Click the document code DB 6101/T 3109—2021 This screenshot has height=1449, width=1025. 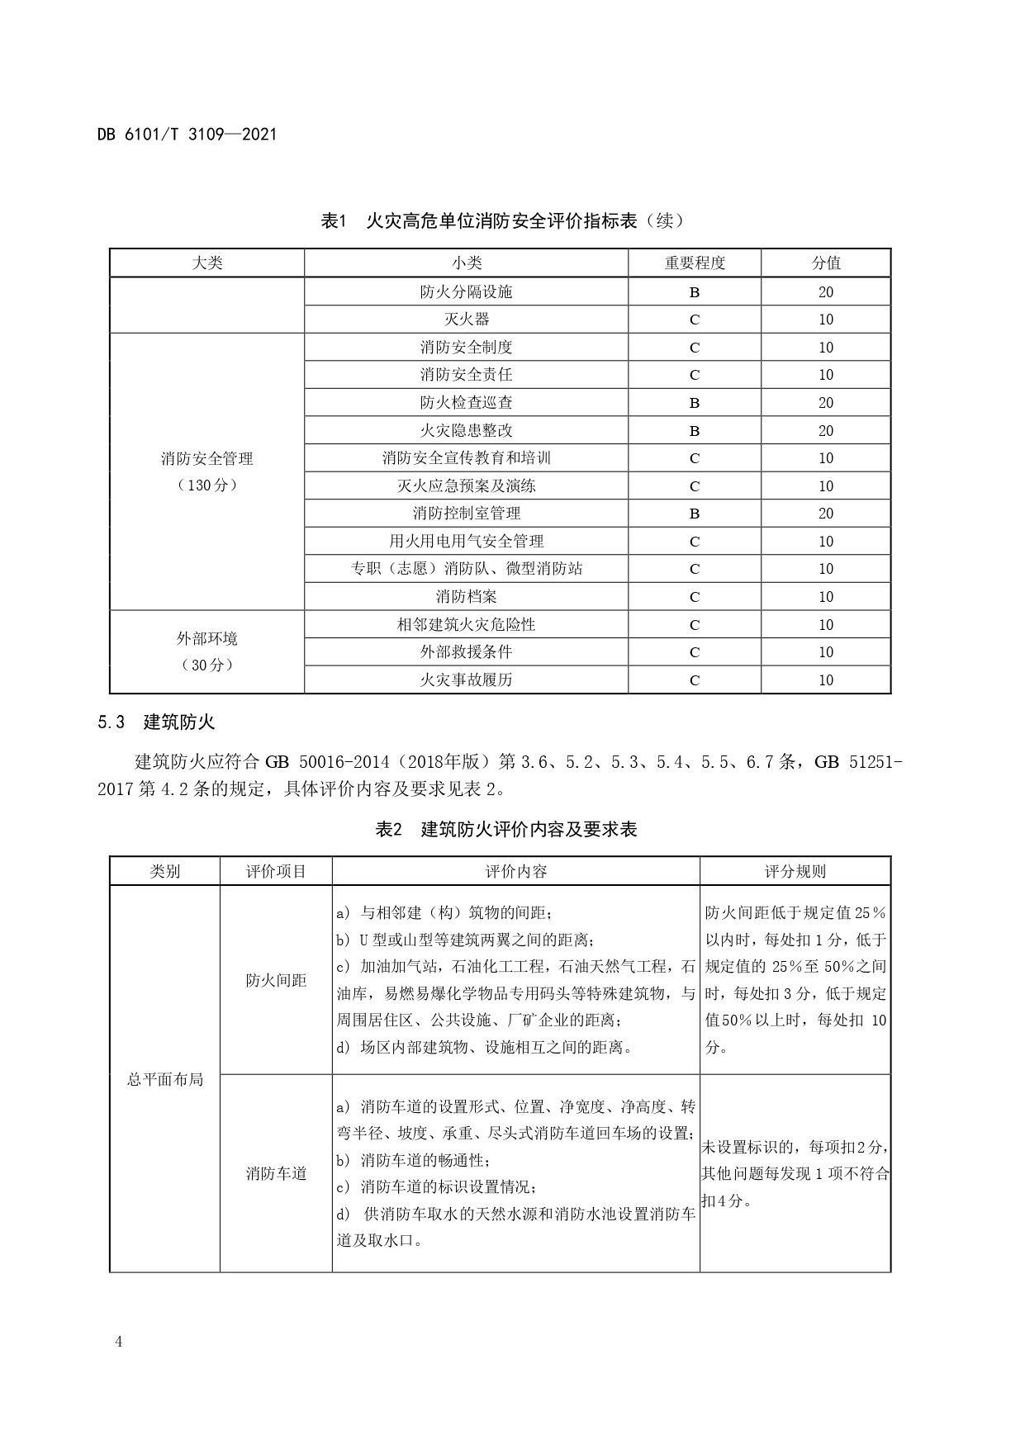click(187, 134)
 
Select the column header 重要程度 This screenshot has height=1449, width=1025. click(694, 263)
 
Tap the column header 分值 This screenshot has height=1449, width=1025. click(825, 263)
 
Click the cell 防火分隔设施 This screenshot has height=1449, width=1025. click(466, 291)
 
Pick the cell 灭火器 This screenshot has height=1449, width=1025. click(466, 320)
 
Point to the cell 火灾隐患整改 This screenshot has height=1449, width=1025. click(466, 430)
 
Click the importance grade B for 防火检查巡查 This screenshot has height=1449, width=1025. click(694, 403)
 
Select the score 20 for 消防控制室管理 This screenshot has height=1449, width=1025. click(825, 514)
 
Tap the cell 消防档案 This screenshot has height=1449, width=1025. click(466, 597)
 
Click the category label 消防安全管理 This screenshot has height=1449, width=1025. click(206, 459)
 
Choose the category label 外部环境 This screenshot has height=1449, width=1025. click(206, 639)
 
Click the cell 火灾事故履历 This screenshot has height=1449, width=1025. click(466, 680)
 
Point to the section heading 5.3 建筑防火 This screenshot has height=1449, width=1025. click(156, 722)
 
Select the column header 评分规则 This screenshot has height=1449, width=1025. click(795, 872)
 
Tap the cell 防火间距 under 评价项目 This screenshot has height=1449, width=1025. click(276, 980)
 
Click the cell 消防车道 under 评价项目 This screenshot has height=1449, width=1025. click(276, 1173)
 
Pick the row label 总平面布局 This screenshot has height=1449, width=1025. click(164, 1079)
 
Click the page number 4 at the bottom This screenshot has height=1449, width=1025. click(119, 1342)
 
